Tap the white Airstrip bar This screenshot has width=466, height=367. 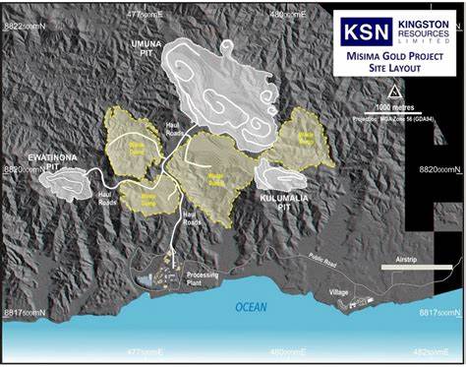(413, 267)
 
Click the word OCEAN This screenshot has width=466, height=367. (251, 308)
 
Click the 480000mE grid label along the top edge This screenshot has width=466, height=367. (290, 14)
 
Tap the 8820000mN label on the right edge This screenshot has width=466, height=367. (439, 170)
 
